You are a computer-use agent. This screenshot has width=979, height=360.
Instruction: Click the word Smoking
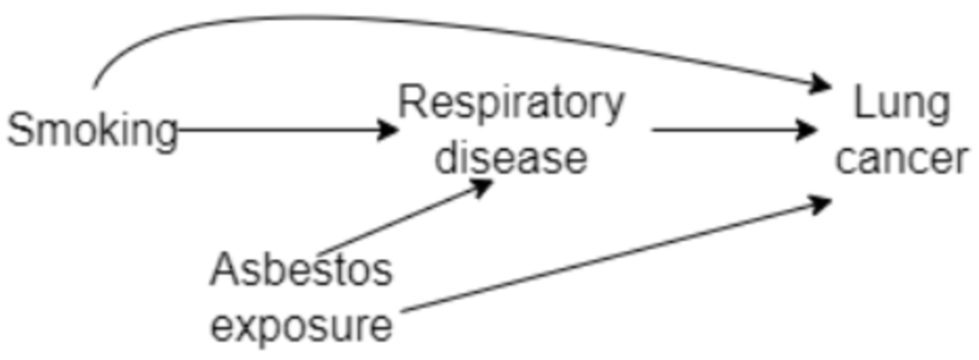(92, 131)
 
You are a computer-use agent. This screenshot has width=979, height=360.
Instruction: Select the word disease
(511, 157)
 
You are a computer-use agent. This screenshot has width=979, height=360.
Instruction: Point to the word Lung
(901, 105)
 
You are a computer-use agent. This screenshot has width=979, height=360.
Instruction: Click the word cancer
(901, 159)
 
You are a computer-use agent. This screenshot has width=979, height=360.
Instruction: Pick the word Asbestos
(302, 270)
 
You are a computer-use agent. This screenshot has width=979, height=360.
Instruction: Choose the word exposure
(302, 325)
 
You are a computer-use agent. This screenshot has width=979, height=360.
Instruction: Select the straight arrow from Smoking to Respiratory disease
(282, 130)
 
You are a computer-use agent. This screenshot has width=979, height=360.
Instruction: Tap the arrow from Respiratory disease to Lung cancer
(727, 130)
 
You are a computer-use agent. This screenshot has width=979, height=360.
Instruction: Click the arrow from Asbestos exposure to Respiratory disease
(400, 218)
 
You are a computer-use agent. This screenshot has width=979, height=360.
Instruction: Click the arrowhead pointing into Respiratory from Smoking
(388, 130)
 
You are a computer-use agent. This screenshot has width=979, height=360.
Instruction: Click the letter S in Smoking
(20, 131)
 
